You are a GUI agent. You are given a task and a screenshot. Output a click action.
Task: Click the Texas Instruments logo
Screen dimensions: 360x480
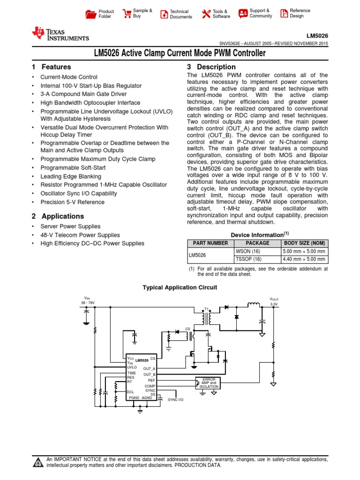(60, 33)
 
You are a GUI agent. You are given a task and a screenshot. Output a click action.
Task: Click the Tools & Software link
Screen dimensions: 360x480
(221, 14)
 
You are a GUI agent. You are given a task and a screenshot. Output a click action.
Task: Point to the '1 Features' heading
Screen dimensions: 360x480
(51, 67)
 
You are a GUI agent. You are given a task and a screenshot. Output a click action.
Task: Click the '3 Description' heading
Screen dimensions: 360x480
(211, 67)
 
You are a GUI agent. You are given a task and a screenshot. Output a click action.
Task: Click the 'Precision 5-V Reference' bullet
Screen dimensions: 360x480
(73, 202)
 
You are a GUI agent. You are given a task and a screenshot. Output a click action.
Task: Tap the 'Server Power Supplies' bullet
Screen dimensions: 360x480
(70, 226)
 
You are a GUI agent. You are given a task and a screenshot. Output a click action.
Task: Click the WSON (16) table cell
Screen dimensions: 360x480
(257, 251)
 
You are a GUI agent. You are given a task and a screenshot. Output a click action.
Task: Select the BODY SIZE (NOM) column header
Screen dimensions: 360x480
(305, 243)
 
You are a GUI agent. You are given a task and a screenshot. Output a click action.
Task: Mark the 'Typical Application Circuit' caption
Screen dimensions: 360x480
(180, 287)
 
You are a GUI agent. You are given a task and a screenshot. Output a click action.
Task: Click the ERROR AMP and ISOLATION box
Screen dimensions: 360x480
(209, 383)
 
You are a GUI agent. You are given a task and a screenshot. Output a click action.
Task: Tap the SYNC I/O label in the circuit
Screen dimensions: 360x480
(176, 399)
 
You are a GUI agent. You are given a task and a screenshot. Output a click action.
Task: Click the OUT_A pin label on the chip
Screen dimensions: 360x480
(149, 369)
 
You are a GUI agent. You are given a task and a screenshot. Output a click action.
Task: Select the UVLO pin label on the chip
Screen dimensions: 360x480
(132, 367)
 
